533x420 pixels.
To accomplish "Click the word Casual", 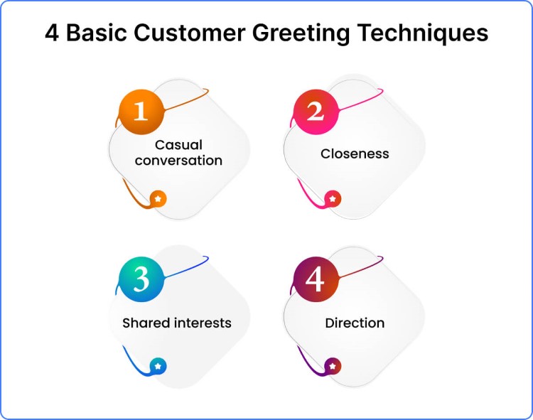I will pyautogui.click(x=178, y=145).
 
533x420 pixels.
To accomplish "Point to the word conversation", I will pyautogui.click(x=178, y=160).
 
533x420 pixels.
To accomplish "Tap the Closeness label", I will pyautogui.click(x=355, y=153).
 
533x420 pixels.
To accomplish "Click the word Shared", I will pyautogui.click(x=146, y=323).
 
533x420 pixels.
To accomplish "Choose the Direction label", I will pyautogui.click(x=355, y=323).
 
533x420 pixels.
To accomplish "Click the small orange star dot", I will pyautogui.click(x=158, y=199).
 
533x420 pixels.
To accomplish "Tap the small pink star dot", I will pyautogui.click(x=333, y=199).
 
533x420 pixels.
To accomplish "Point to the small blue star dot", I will pyautogui.click(x=158, y=366).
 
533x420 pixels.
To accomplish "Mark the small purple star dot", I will pyautogui.click(x=333, y=366).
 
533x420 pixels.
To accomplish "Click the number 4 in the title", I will pyautogui.click(x=53, y=33).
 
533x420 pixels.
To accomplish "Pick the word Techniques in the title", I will pyautogui.click(x=426, y=33).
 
